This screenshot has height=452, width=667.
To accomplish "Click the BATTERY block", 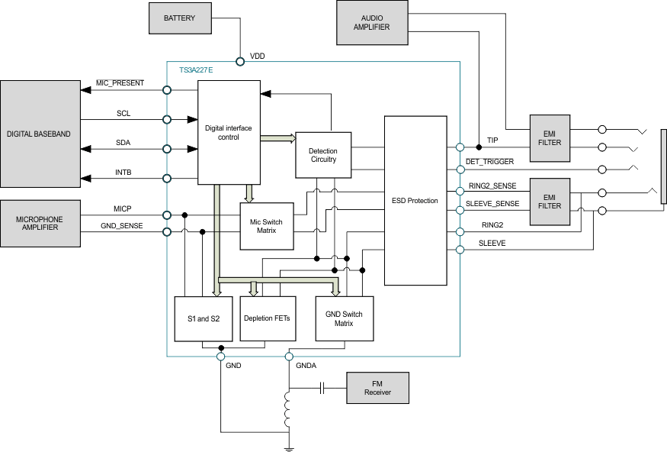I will [179, 18].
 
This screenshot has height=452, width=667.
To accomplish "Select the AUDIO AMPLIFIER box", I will [371, 21].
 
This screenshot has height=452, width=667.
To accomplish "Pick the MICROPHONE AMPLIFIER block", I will [39, 223].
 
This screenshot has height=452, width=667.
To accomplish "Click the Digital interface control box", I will [228, 132].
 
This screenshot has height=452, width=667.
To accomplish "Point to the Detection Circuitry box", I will [323, 155].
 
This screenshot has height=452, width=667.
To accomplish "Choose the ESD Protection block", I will [414, 201].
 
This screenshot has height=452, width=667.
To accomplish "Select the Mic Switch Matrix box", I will [266, 226].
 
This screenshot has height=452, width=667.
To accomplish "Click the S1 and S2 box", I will [203, 318].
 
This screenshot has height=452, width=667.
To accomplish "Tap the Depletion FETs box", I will [267, 318].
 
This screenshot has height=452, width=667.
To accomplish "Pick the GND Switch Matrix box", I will [345, 318].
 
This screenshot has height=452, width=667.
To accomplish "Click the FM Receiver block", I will [377, 388].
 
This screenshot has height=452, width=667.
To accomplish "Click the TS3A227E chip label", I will [196, 69].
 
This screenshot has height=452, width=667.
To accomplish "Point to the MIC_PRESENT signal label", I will [120, 82].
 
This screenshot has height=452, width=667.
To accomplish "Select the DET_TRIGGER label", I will [489, 162].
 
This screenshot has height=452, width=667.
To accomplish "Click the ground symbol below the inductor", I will [288, 448].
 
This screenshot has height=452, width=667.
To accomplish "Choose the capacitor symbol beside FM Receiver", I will [322, 388].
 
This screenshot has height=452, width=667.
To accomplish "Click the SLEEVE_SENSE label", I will [493, 204].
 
